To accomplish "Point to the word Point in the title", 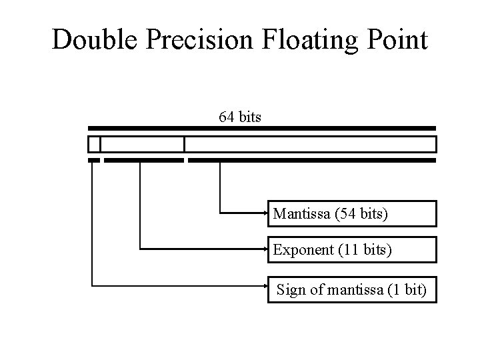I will (x=395, y=40).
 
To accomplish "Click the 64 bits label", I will (x=240, y=117).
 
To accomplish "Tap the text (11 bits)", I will (x=366, y=251).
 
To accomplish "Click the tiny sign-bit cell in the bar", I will (x=94, y=144).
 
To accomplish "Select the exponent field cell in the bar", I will (x=142, y=144).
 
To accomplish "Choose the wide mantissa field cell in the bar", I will (x=310, y=144).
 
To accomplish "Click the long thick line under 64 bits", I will (x=262, y=128).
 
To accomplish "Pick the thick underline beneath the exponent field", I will (x=143, y=161).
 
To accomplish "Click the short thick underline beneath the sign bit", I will (x=94, y=161).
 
